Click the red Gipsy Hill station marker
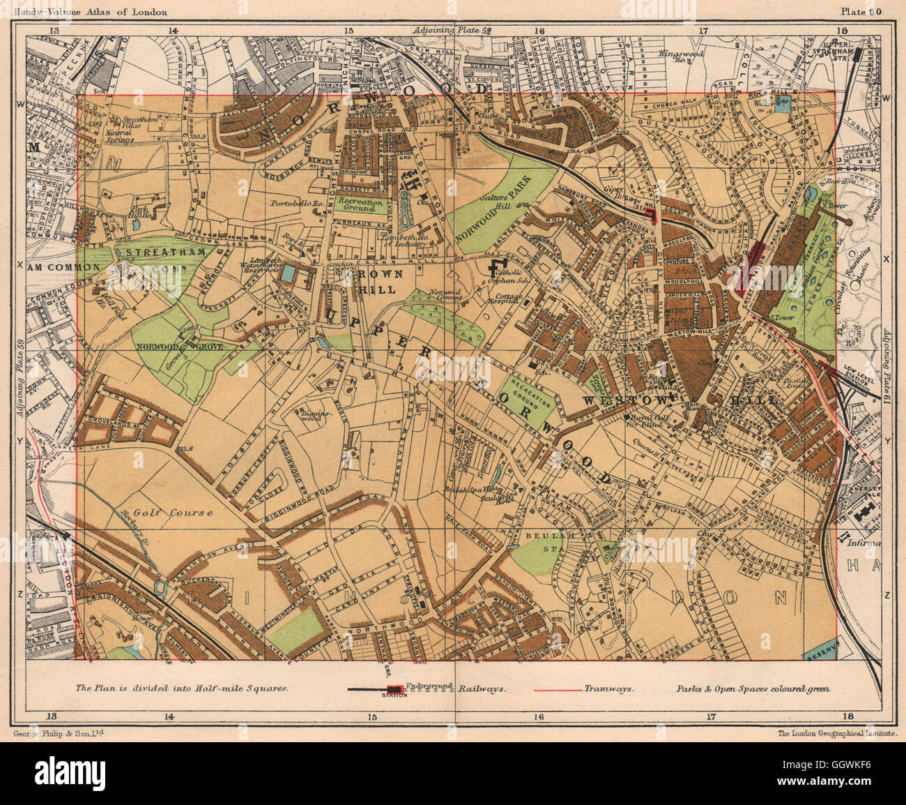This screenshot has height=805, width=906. [652, 214]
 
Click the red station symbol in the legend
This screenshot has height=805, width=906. [385, 689]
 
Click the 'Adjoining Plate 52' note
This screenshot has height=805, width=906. [452, 31]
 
